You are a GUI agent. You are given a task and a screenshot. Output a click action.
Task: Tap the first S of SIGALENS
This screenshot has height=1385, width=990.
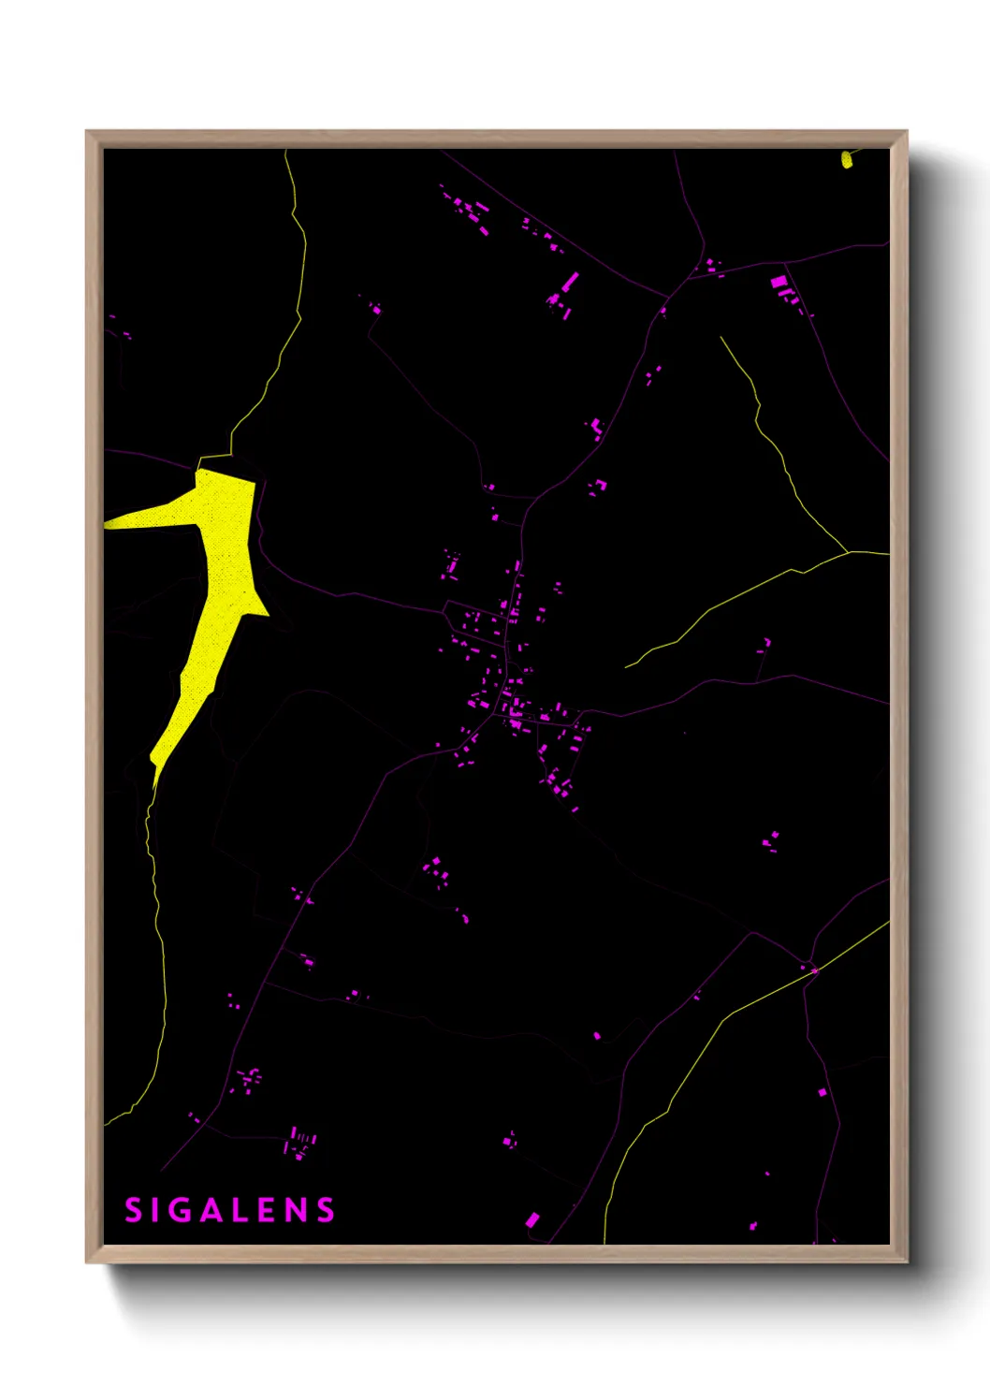[x=133, y=1211]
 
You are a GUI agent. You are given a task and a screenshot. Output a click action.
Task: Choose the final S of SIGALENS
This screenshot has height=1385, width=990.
[x=326, y=1211]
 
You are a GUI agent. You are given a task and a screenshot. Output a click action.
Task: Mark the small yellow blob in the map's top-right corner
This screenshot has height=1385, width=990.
[x=847, y=160]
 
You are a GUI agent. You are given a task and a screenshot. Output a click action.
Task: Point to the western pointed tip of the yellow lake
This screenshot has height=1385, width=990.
[x=107, y=523]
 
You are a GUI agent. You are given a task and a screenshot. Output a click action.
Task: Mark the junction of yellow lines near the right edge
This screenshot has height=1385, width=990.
[x=849, y=552]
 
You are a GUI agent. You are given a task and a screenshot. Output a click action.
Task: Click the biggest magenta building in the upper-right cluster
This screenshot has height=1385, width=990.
[x=778, y=282]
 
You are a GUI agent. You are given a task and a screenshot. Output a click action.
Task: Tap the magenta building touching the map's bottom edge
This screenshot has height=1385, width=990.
[x=531, y=1219]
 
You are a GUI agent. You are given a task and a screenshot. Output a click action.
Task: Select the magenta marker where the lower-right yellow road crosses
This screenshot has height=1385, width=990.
[x=814, y=970]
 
